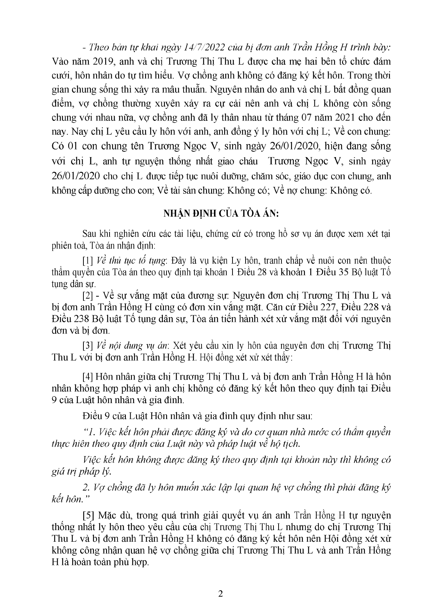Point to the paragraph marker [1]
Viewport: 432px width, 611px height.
click(88, 261)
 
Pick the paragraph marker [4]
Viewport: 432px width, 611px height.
click(88, 376)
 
